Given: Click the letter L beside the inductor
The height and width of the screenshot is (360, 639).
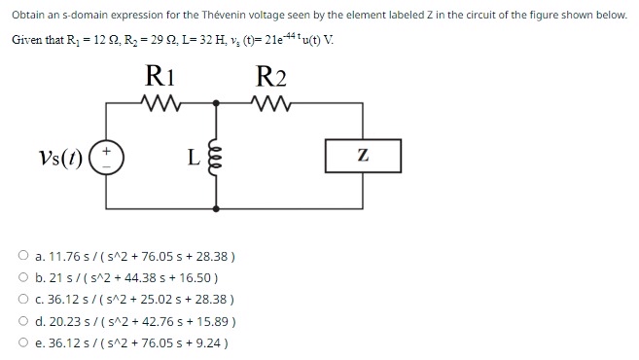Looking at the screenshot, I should coord(194,157).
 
